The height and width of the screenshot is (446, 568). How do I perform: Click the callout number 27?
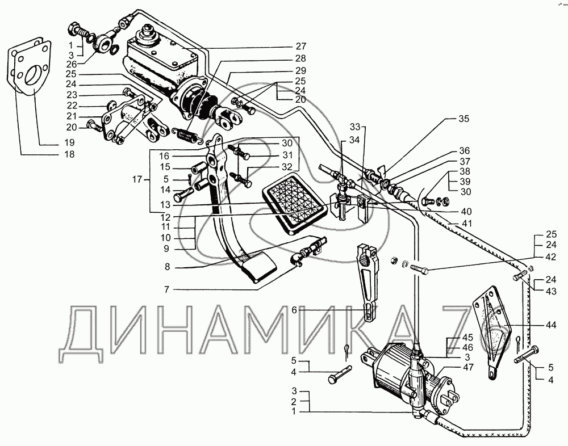pyautogui.click(x=300, y=46)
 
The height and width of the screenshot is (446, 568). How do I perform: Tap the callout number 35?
pyautogui.click(x=464, y=120)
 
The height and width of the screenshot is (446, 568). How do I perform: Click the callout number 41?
pyautogui.click(x=466, y=224)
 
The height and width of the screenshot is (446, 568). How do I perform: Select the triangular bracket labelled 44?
pyautogui.click(x=490, y=331)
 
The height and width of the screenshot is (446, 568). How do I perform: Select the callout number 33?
pyautogui.click(x=355, y=127)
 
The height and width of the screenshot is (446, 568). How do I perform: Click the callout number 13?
pyautogui.click(x=164, y=205)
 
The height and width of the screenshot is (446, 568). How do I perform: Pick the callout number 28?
pyautogui.click(x=300, y=58)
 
